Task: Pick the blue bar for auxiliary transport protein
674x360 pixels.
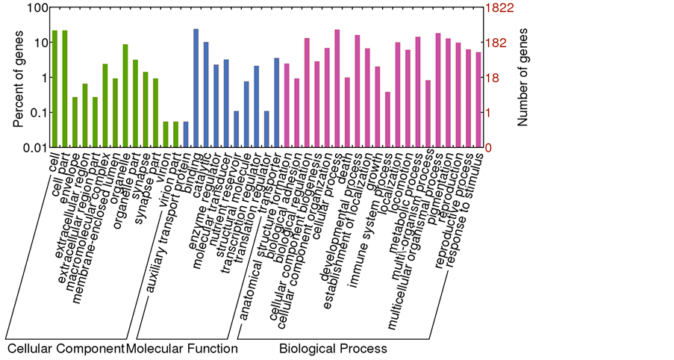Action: click(x=186, y=134)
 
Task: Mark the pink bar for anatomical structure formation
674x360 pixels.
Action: click(x=287, y=105)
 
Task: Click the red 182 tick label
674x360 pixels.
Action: click(x=498, y=43)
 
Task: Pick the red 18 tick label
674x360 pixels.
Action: click(x=495, y=78)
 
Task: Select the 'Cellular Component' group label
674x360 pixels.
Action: click(x=65, y=349)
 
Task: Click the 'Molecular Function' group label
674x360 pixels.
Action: click(x=182, y=349)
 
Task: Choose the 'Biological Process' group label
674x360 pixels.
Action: click(x=333, y=349)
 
